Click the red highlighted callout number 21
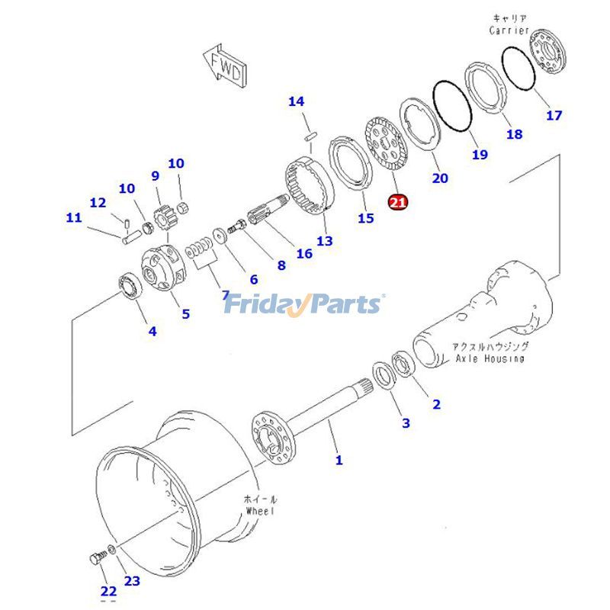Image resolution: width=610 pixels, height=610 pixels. pos(398,201)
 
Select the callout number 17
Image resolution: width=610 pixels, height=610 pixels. pos(554,115)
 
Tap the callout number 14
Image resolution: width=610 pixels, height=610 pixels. pos(296,101)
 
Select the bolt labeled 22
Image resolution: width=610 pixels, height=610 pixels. pos(95,560)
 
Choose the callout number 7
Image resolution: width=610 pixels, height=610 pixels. pos(225,294)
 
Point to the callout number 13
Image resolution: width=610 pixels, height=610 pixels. pos(325,241)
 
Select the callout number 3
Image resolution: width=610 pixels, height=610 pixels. pos(406,422)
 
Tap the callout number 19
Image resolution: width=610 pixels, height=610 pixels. pos(479,155)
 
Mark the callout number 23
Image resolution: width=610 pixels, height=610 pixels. pos(132,581)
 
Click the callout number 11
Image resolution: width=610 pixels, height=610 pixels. pos(73,217)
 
